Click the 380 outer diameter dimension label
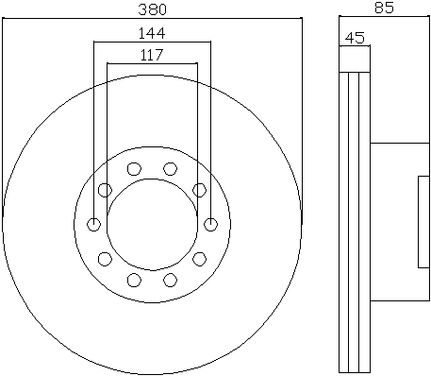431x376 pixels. tap(152, 9)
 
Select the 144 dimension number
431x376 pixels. tap(152, 33)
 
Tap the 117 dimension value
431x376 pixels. tap(152, 55)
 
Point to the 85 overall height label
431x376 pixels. tap(384, 8)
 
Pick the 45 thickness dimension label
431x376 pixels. tap(355, 38)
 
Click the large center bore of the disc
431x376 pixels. tap(153, 225)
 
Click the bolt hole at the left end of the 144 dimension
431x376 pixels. tap(93, 225)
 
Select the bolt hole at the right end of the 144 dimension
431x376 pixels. tap(210, 225)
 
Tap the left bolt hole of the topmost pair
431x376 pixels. tap(134, 169)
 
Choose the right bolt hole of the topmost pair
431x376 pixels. tap(170, 169)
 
